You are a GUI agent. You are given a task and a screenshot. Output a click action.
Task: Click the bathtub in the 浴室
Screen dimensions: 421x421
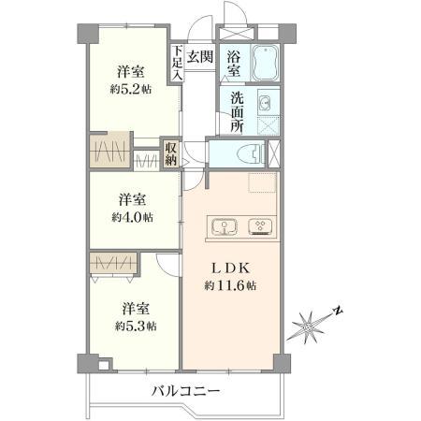pos(265,64)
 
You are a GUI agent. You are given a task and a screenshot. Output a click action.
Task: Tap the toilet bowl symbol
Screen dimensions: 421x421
pos(250,154)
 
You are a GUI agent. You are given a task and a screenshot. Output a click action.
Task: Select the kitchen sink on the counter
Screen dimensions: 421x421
pos(225,227)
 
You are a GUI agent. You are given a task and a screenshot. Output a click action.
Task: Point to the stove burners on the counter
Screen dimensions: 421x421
pos(260,227)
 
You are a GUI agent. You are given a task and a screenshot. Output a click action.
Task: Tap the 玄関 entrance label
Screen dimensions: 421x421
pos(200,57)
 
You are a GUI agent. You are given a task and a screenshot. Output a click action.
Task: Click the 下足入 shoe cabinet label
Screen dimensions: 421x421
pos(178,63)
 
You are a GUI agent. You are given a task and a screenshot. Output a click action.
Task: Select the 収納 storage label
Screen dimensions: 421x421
pos(171,153)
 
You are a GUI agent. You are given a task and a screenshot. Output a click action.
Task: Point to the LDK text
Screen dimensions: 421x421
pos(231,268)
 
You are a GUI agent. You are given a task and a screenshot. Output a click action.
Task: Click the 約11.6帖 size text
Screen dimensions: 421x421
pos(230,285)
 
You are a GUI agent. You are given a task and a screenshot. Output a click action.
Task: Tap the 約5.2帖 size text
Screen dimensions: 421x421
pos(131,90)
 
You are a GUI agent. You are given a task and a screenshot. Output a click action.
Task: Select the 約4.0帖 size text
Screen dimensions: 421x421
pos(133,217)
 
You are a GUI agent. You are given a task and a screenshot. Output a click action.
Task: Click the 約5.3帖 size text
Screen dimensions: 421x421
pos(136,327)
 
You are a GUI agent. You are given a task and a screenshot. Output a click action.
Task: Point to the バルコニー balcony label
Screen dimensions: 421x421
pos(186,390)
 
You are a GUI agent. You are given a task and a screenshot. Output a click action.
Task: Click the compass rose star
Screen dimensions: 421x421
pos(309,327)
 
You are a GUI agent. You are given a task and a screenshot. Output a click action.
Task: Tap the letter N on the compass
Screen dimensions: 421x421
pos(338,311)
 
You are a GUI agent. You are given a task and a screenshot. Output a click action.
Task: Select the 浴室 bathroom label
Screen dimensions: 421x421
pos(234,64)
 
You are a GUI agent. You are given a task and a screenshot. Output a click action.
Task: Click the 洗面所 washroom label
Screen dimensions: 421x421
pos(237,112)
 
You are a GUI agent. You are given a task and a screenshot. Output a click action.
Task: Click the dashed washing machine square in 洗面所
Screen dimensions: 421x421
pos(269,125)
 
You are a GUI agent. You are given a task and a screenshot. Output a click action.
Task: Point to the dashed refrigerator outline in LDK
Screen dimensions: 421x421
pos(262,181)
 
